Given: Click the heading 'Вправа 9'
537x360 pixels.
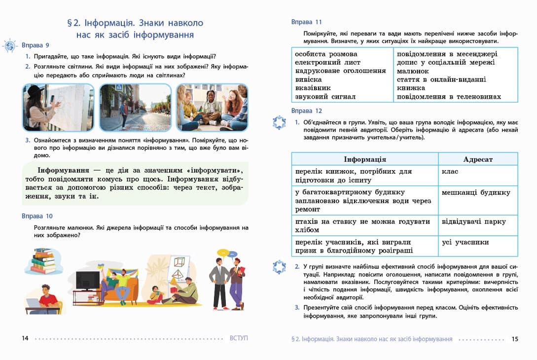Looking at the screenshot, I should click(35, 45).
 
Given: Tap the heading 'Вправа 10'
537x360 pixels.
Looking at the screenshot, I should click(37, 216).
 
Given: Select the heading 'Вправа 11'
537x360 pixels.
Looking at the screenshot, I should click(306, 22).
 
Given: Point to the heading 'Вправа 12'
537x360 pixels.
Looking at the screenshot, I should click(306, 111).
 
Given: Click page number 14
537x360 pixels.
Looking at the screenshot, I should click(25, 338).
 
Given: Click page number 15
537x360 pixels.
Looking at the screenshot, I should click(515, 339).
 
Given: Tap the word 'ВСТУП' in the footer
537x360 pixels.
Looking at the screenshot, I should click(239, 338).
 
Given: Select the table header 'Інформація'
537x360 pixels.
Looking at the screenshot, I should click(364, 159).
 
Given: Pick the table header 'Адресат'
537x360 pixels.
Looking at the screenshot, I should click(477, 159).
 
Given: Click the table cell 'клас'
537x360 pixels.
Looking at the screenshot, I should click(450, 172).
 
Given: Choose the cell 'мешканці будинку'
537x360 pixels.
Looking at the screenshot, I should click(475, 192).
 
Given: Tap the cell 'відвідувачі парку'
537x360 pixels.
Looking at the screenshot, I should click(474, 221).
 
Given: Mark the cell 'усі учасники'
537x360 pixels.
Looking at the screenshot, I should click(465, 242).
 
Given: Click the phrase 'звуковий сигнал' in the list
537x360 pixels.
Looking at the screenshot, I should click(325, 97).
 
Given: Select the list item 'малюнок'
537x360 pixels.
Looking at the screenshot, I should click(413, 72).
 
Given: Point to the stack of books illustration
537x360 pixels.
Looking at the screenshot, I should click(43, 261).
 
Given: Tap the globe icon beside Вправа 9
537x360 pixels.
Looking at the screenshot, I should click(10, 46).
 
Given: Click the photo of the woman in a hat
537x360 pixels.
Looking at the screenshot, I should click(58, 107).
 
